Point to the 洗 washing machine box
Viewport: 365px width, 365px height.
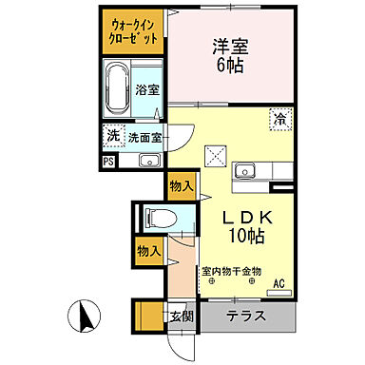click(x=114, y=135)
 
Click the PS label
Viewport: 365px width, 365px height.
click(x=107, y=160)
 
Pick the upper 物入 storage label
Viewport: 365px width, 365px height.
click(x=179, y=184)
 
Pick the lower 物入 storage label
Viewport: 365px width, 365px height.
click(x=146, y=250)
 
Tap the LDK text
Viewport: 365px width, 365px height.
click(x=242, y=217)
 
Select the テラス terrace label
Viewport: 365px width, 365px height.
click(x=246, y=317)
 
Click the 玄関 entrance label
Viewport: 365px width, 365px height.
click(x=180, y=317)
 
